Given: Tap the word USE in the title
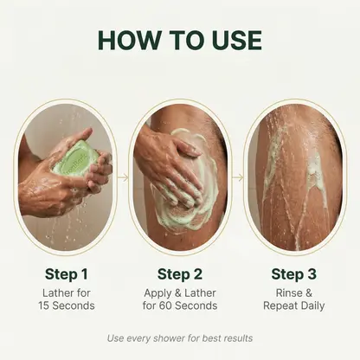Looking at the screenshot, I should (x=230, y=41).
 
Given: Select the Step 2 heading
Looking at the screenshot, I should (x=179, y=274).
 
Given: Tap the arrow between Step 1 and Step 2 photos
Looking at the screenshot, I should (x=123, y=177).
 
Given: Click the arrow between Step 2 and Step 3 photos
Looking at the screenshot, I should (x=236, y=177).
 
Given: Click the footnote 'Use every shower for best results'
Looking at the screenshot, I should (x=179, y=337).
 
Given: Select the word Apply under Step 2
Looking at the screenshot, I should (x=161, y=292).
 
